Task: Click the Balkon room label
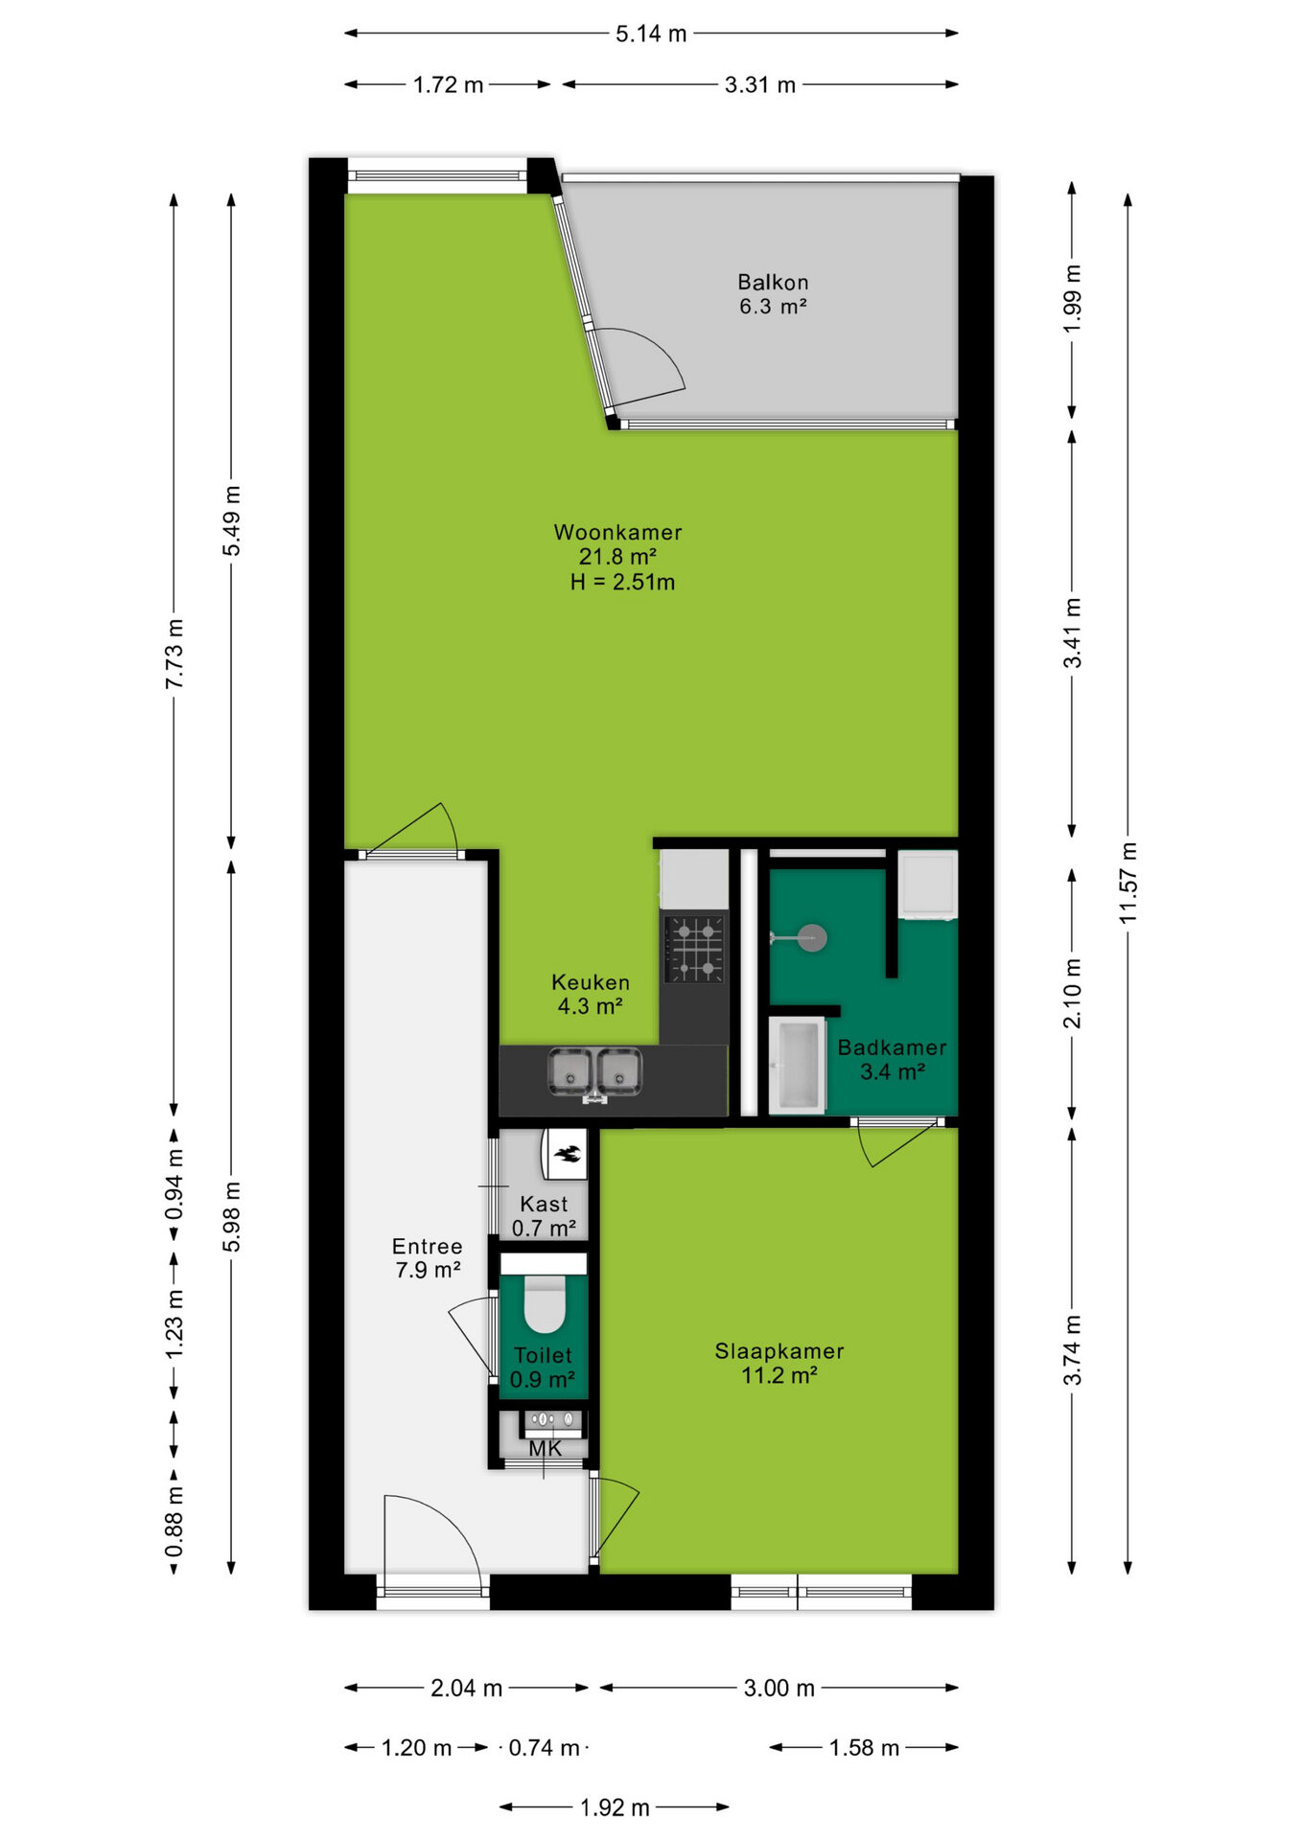click(x=773, y=283)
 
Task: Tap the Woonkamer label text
click(x=618, y=532)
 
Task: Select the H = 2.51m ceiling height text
click(x=622, y=582)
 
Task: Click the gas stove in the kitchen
click(x=695, y=949)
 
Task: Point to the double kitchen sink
click(x=594, y=1072)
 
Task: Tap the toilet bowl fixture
click(x=544, y=1304)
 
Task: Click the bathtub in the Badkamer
click(x=798, y=1066)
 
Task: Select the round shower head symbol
click(x=812, y=937)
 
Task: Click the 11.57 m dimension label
click(x=1128, y=883)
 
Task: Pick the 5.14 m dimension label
click(x=651, y=34)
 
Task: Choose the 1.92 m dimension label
click(x=615, y=1807)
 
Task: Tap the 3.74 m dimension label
click(x=1072, y=1350)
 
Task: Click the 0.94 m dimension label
click(x=174, y=1184)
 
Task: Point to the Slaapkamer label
click(x=779, y=1351)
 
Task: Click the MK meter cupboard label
click(x=546, y=1449)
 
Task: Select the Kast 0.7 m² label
click(x=544, y=1216)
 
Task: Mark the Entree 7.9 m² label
click(x=428, y=1258)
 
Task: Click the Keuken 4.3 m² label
click(x=591, y=994)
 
